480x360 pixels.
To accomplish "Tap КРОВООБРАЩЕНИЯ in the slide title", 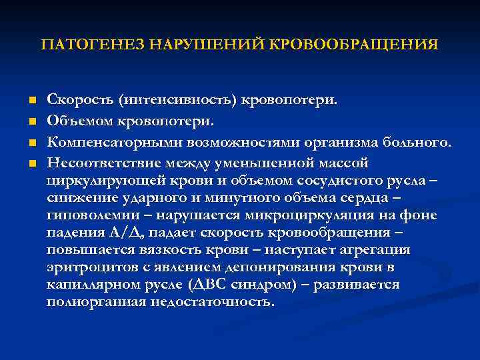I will (x=355, y=45).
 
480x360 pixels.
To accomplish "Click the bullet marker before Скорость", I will (x=31, y=101).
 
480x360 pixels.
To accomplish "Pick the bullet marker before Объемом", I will (x=31, y=122).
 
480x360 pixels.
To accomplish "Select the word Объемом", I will (x=78, y=122).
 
